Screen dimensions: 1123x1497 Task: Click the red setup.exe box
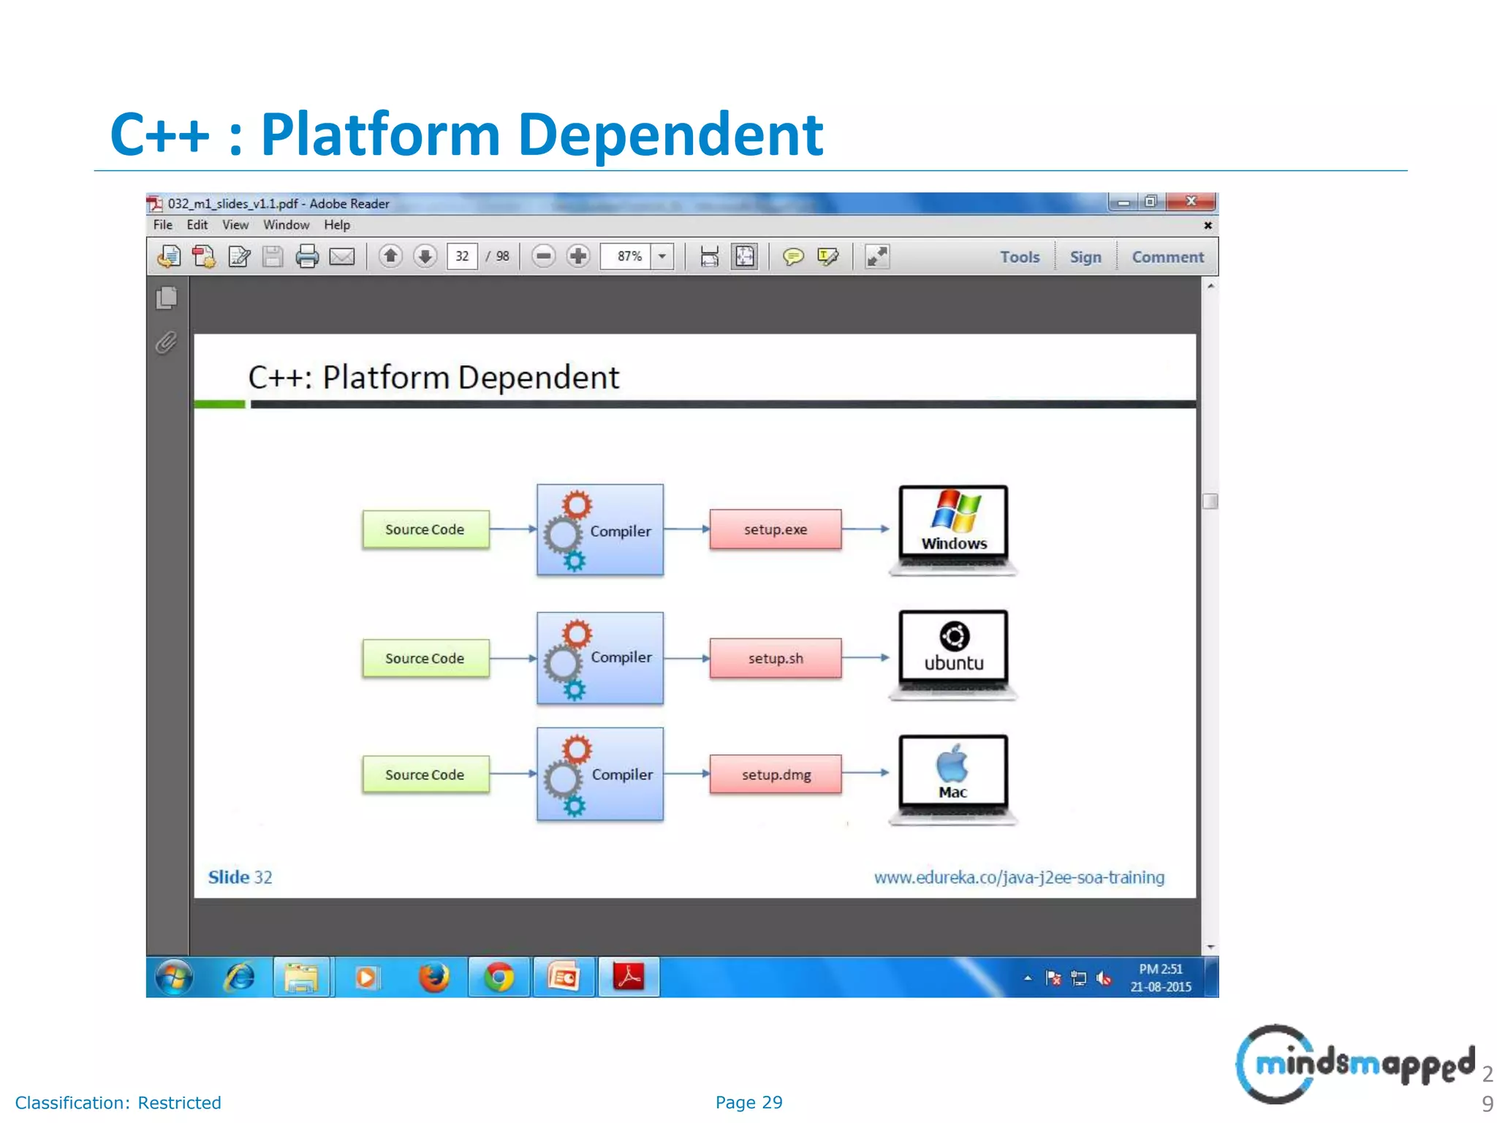pyautogui.click(x=775, y=529)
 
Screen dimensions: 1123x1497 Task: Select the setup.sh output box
pyautogui.click(x=775, y=658)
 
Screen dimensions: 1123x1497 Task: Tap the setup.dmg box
pyautogui.click(x=775, y=774)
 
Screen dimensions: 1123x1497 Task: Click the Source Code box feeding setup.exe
pyautogui.click(x=425, y=529)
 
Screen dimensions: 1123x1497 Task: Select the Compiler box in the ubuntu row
pyautogui.click(x=600, y=658)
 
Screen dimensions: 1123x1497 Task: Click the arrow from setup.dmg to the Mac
pyautogui.click(x=865, y=773)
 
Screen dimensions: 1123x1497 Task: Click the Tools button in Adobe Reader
pyautogui.click(x=1019, y=257)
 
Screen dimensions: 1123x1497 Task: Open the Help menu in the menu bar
pyautogui.click(x=337, y=225)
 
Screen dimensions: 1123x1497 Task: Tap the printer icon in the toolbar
pyautogui.click(x=308, y=257)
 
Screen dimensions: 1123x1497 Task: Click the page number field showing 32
pyautogui.click(x=462, y=257)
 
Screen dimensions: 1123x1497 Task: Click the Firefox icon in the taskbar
pyautogui.click(x=434, y=978)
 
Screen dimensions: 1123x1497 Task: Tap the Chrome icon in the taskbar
pyautogui.click(x=499, y=978)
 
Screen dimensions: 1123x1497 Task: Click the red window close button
pyautogui.click(x=1191, y=201)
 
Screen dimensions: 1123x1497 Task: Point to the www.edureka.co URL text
pyautogui.click(x=1019, y=877)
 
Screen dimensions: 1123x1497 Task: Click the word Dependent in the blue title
pyautogui.click(x=670, y=135)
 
